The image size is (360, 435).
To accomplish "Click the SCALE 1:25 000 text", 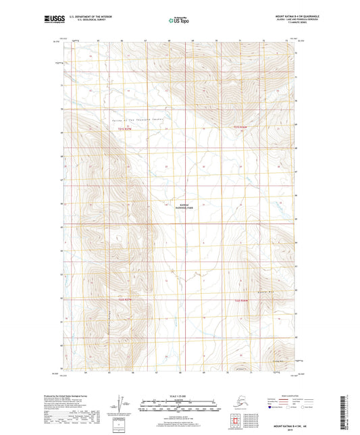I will (180, 395).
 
